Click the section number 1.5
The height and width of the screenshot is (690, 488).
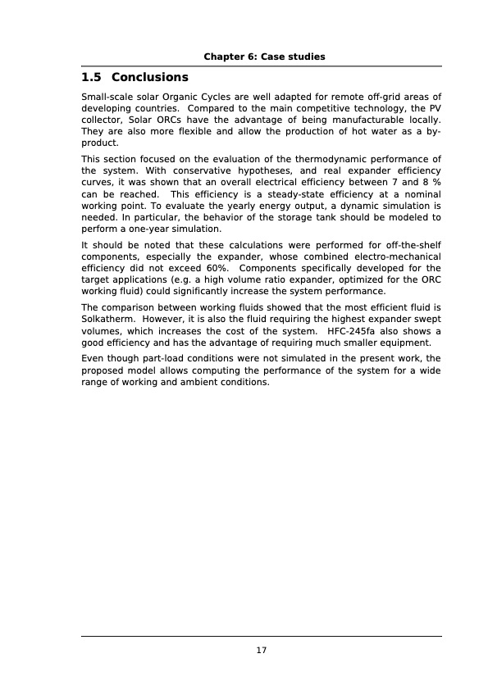pos(92,78)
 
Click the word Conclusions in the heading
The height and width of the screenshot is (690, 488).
pos(149,78)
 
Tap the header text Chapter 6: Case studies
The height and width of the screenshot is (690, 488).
pos(264,57)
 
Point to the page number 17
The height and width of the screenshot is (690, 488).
pos(262,651)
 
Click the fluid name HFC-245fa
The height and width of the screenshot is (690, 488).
pos(352,331)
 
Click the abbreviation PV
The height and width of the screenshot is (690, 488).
pos(433,108)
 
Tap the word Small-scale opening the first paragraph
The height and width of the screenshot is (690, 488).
pos(110,97)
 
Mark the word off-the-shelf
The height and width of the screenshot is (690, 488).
pos(413,245)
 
